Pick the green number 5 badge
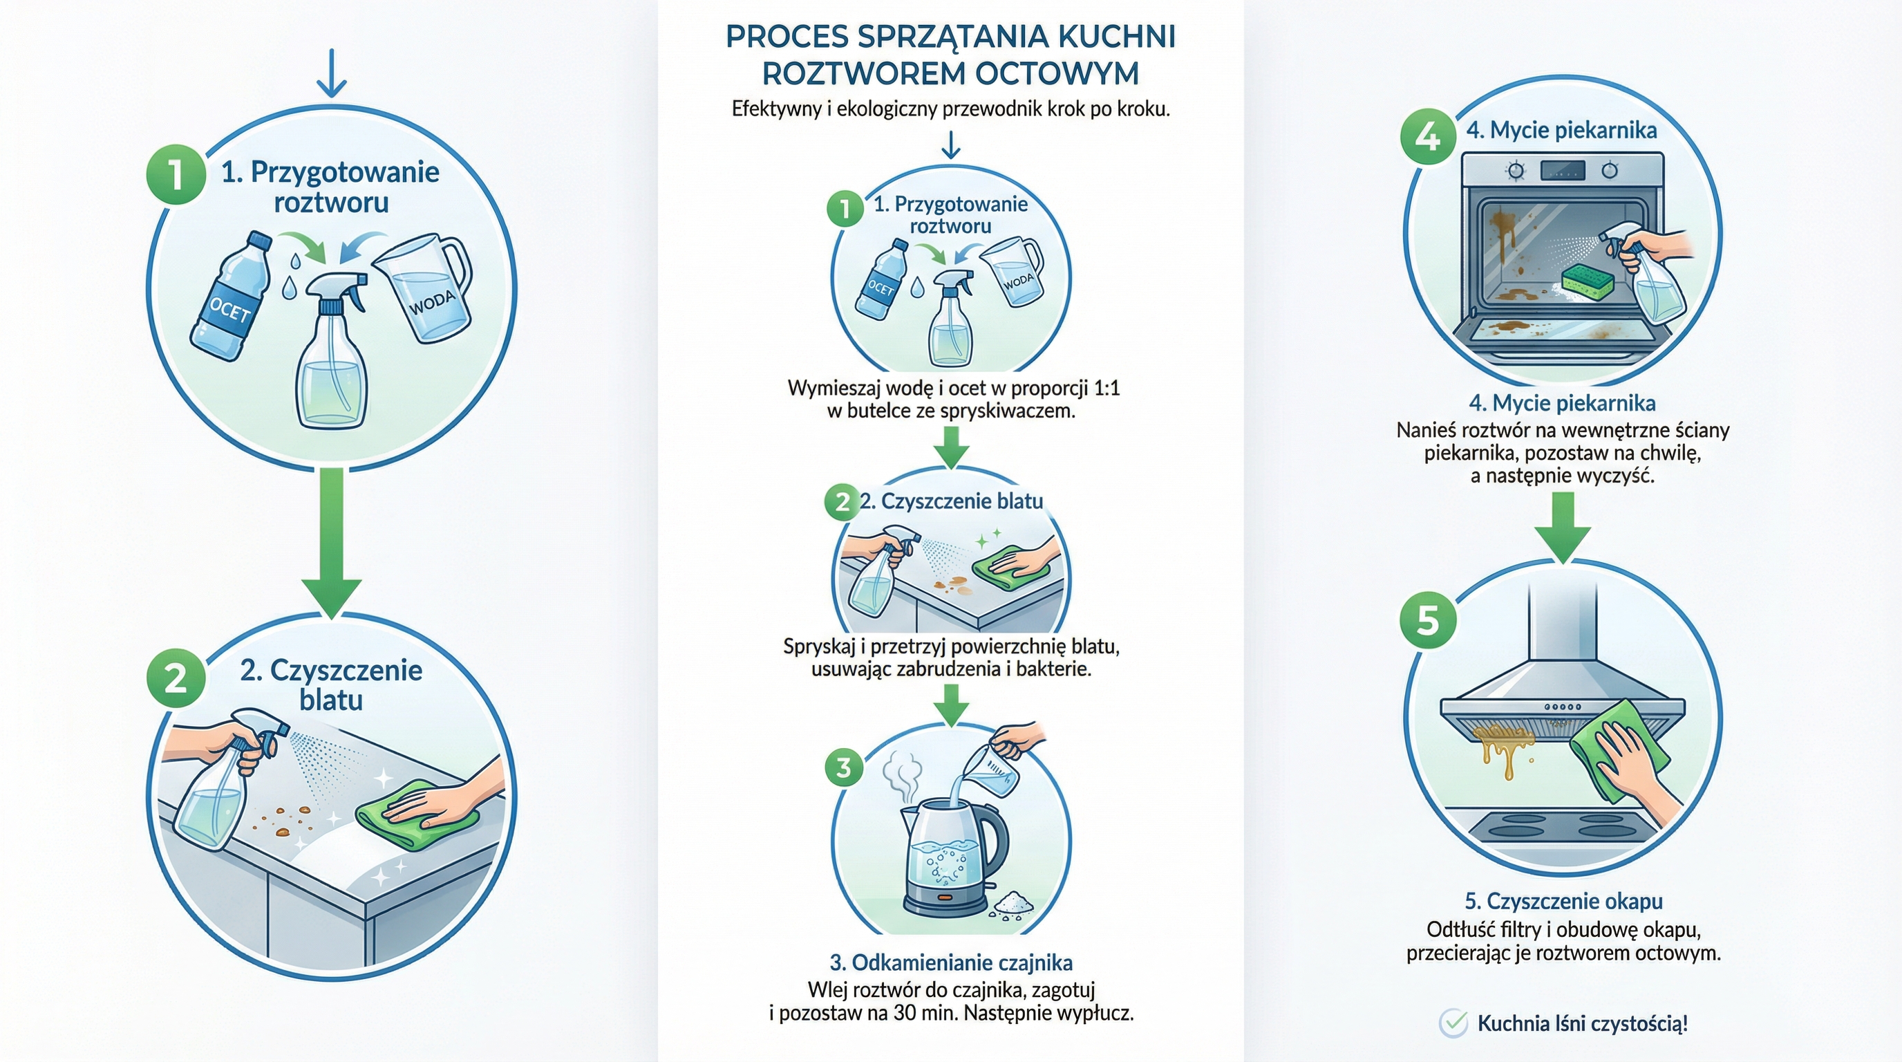coord(1428,619)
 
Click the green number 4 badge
coord(1428,138)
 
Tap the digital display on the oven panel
coord(1563,171)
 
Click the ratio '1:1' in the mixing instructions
coord(1104,389)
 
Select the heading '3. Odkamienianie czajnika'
coord(951,962)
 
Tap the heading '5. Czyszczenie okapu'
coord(1563,901)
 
